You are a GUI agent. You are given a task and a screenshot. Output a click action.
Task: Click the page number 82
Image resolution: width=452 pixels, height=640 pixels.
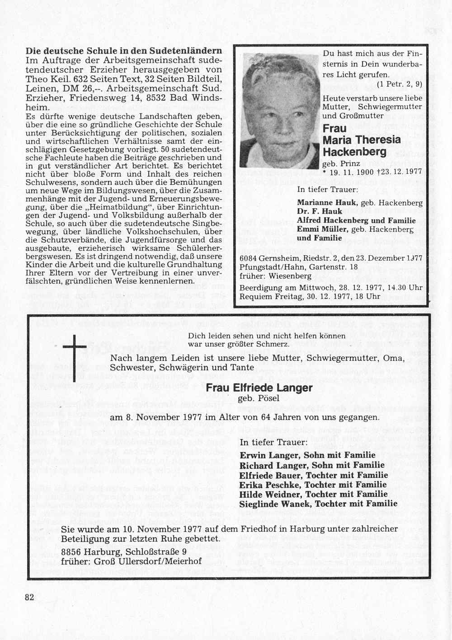[29, 597]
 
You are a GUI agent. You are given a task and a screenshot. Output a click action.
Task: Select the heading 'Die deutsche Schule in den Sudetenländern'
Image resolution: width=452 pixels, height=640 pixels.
[124, 51]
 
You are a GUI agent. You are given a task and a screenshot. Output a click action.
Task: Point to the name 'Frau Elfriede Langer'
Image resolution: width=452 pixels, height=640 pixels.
[259, 388]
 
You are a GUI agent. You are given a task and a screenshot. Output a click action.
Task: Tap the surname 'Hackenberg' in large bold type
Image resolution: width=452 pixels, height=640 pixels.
[355, 152]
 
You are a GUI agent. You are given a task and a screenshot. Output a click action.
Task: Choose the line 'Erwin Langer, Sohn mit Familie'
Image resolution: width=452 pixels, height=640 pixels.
[307, 455]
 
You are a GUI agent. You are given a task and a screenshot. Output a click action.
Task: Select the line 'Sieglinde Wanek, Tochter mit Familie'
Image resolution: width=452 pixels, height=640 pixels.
[318, 504]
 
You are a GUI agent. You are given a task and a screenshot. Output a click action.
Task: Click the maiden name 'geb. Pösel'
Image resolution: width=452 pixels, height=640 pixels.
[259, 398]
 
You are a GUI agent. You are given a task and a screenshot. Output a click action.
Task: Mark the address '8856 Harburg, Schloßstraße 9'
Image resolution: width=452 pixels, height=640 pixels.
[124, 552]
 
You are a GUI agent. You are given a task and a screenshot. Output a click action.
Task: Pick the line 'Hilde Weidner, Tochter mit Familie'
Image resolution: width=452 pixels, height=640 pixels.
[313, 494]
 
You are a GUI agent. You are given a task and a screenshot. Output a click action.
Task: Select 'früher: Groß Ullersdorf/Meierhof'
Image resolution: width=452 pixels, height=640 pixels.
[131, 561]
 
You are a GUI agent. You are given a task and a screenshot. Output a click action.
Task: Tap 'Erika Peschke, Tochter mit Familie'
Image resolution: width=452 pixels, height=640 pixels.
[313, 485]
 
